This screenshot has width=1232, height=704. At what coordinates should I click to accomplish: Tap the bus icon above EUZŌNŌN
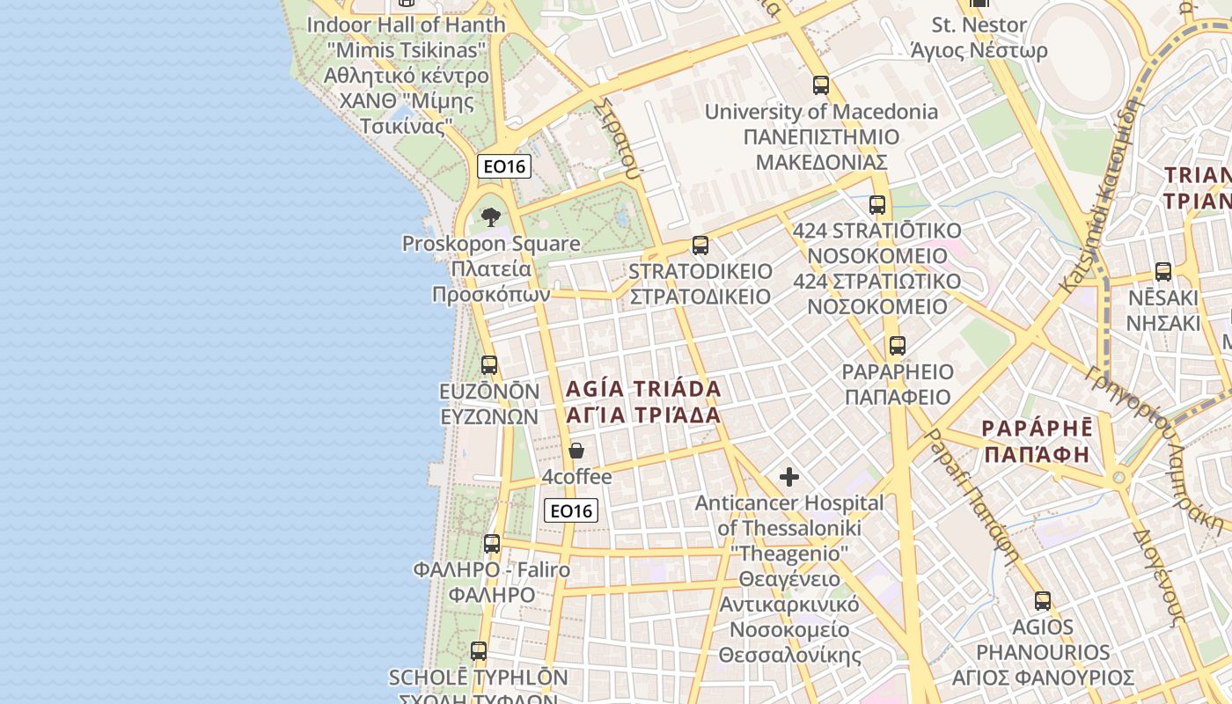[489, 364]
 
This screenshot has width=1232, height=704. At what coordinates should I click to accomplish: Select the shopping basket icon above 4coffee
[576, 451]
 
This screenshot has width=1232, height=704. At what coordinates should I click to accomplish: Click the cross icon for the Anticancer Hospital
[789, 477]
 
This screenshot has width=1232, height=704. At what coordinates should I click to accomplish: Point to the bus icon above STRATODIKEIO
[700, 246]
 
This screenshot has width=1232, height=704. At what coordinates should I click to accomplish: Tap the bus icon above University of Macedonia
[821, 85]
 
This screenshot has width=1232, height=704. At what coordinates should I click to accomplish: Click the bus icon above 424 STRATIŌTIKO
[877, 205]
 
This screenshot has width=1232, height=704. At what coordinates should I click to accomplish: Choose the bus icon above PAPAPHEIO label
[897, 346]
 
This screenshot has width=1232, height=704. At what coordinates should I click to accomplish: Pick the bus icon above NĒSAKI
[1163, 272]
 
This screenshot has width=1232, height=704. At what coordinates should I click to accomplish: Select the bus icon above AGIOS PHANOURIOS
[1043, 602]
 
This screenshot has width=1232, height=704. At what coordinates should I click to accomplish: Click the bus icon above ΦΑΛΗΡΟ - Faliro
[492, 544]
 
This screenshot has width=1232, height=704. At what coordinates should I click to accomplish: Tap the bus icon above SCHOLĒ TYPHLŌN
[479, 651]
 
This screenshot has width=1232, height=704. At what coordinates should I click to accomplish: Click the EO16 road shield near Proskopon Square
[505, 166]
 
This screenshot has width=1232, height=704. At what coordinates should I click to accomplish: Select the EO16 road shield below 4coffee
[571, 510]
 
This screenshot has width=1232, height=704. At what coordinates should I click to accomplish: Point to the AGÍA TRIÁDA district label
[643, 389]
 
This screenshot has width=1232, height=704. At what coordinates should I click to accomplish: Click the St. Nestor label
[979, 25]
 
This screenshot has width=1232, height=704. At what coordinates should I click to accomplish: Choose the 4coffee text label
[576, 477]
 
